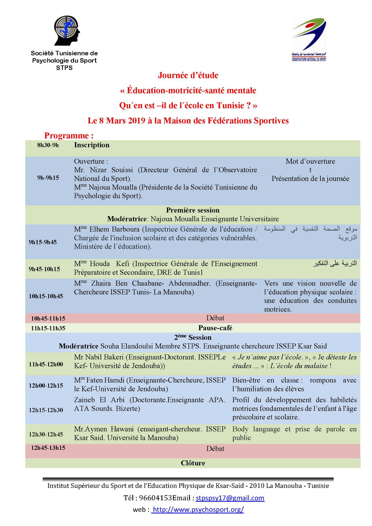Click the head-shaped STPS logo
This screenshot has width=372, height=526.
pos(66,31)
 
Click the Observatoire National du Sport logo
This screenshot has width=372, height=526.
pos(309,39)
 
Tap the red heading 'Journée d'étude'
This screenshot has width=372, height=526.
pos(188,75)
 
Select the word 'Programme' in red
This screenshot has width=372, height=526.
pos(66,136)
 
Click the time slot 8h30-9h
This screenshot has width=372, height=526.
pos(48,145)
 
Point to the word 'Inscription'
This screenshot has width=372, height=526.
pos(92,145)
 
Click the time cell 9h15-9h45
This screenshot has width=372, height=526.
pos(43,242)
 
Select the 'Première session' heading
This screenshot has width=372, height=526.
pos(193,210)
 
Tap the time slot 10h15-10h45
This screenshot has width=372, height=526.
pos(46,296)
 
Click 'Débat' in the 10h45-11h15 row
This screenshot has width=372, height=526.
pos(215,318)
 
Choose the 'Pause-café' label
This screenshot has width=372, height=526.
pos(215,328)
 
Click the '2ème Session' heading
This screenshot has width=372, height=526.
pos(193,337)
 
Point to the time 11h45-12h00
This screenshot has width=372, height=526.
pos(46,364)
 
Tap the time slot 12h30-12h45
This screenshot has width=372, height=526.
pos(46,434)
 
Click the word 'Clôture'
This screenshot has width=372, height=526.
pos(193,463)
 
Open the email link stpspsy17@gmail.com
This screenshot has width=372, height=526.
pos(230,498)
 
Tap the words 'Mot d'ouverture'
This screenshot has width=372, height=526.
pos(310,162)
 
